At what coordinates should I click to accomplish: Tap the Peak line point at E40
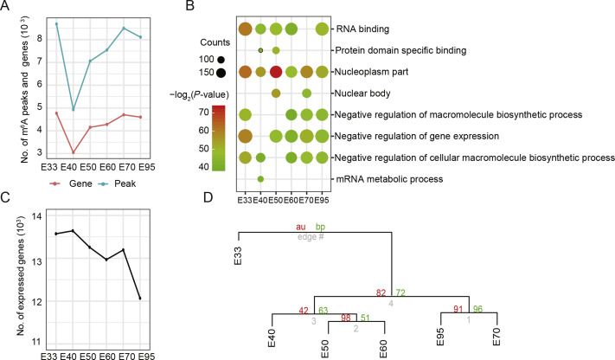pyautogui.click(x=74, y=110)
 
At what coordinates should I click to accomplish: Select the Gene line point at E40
pyautogui.click(x=74, y=153)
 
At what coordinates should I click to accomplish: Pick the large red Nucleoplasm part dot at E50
pyautogui.click(x=276, y=71)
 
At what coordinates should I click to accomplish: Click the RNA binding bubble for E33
pyautogui.click(x=244, y=29)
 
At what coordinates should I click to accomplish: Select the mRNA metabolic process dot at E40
pyautogui.click(x=260, y=179)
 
